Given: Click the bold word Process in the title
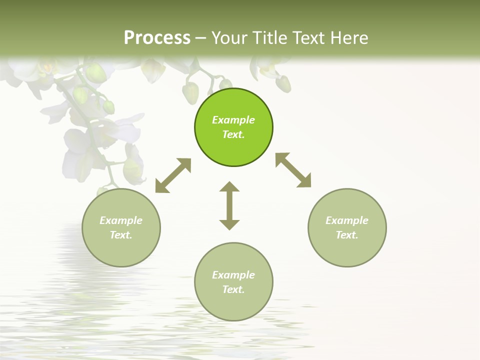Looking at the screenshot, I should (x=157, y=37).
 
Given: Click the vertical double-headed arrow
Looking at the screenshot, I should (x=229, y=206).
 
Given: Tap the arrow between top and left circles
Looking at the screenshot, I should (x=173, y=175).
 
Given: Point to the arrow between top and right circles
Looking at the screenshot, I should (x=293, y=170).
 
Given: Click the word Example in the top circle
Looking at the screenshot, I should (x=233, y=120).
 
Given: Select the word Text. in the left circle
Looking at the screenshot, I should (x=121, y=235).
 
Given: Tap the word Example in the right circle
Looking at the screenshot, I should (x=347, y=220).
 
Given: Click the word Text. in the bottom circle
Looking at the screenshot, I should (x=233, y=289).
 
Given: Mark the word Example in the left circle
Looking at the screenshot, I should (x=121, y=220).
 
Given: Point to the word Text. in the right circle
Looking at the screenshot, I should (x=347, y=235).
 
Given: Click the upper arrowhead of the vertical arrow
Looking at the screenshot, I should (x=229, y=187).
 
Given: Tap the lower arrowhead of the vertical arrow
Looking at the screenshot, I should (x=229, y=224).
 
